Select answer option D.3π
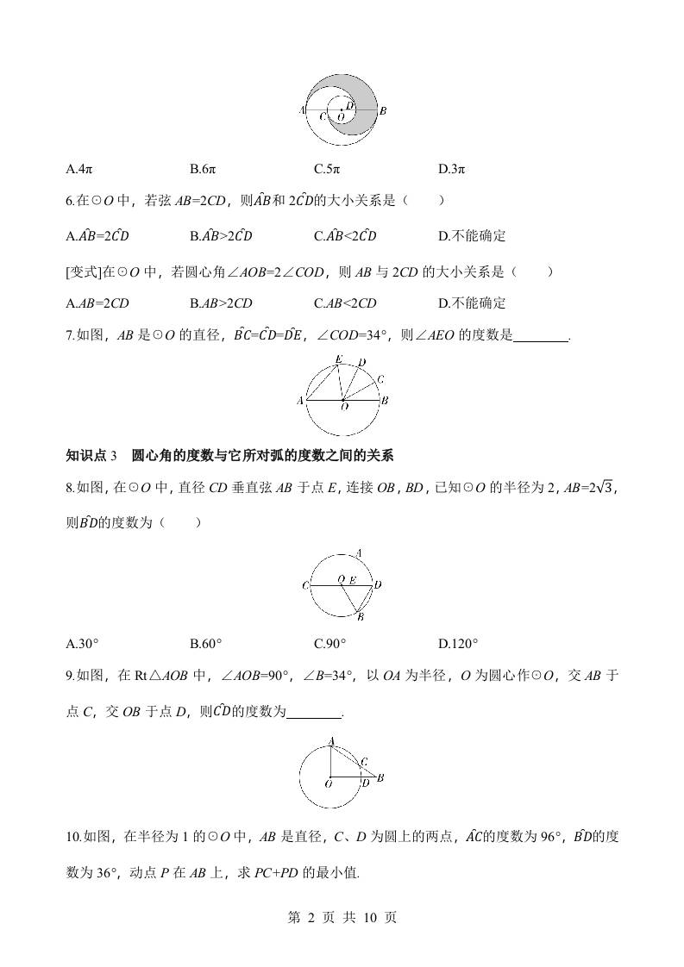coord(452,169)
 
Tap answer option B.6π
coord(204,169)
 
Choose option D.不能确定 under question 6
coord(472,236)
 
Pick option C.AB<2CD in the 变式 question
coord(345,303)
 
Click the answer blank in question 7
coord(542,337)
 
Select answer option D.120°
coord(458,643)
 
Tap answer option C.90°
coord(330,643)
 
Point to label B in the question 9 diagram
coord(380,777)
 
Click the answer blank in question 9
coord(314,712)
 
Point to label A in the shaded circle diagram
coord(301,110)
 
